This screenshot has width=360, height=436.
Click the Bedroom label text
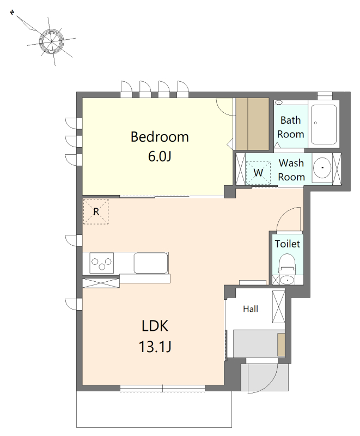tap(160, 137)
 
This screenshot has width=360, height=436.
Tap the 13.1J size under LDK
tap(155, 347)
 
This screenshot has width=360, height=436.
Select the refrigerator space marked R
tap(96, 211)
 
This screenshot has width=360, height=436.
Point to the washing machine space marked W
tap(258, 173)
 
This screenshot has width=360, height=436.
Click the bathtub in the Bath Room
tap(324, 124)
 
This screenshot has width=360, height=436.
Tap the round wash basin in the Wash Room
tap(322, 168)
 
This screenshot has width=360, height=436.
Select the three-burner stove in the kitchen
tap(102, 263)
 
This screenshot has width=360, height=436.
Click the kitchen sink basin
tap(151, 263)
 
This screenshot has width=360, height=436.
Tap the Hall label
tap(251, 309)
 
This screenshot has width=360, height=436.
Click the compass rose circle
tap(52, 41)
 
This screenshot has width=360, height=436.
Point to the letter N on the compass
tap(12, 13)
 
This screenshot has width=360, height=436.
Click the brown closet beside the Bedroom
tap(252, 124)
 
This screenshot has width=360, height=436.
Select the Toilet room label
tap(288, 244)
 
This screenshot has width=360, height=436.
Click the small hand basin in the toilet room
tap(288, 280)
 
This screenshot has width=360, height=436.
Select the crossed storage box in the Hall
tap(279, 307)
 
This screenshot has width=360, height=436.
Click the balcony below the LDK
tap(154, 409)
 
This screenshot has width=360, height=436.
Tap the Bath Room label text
tap(290, 128)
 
